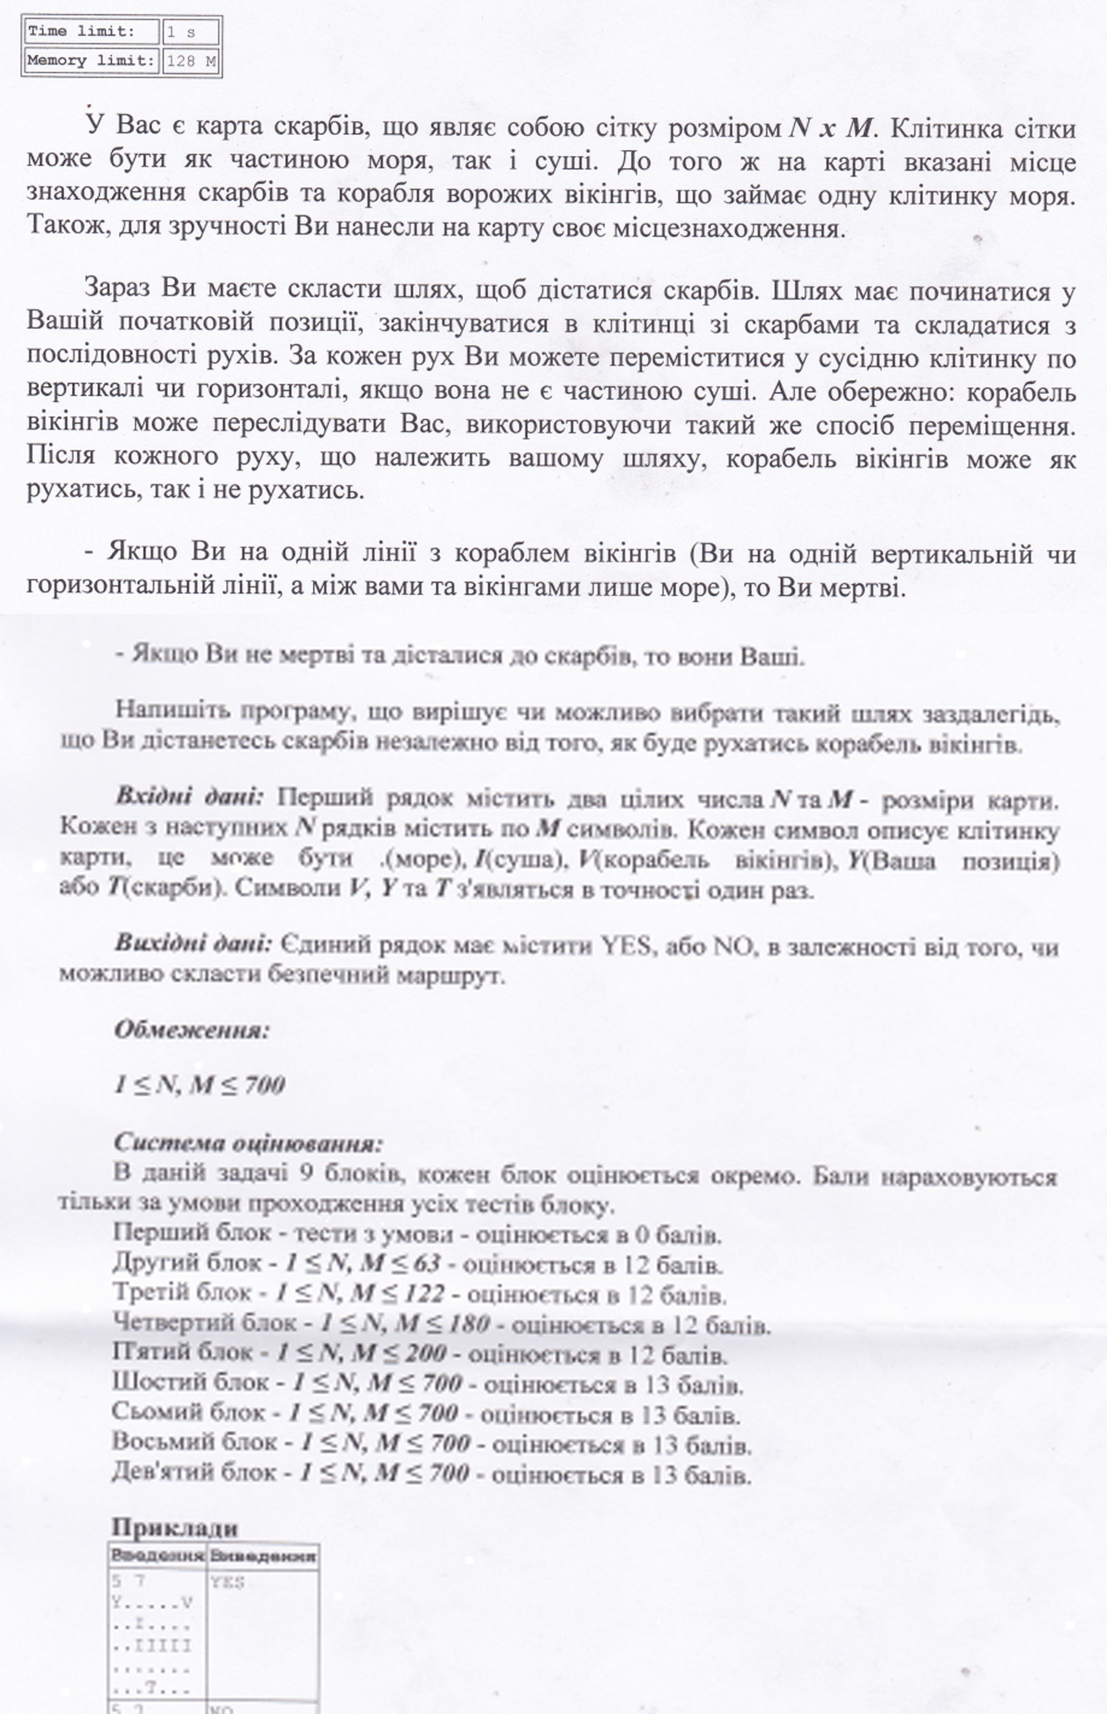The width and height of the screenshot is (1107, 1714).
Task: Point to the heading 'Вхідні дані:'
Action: click(190, 797)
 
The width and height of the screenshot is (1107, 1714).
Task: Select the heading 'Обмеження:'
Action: click(191, 1030)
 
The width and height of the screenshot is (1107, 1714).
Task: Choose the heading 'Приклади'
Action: click(175, 1528)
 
